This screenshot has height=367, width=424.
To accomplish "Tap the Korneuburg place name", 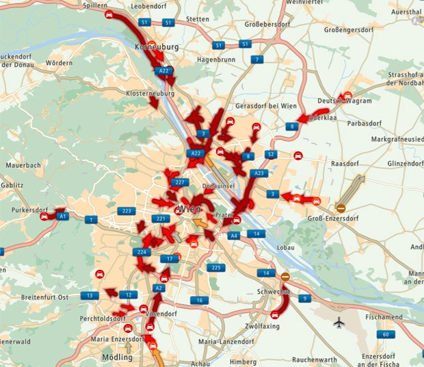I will [x=158, y=48].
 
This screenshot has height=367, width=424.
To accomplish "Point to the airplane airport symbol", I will [x=339, y=322].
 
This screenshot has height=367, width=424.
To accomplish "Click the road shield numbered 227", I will [x=180, y=182].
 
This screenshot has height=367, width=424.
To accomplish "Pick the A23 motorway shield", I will [x=259, y=174].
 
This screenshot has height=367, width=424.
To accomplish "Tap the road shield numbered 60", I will [x=387, y=334].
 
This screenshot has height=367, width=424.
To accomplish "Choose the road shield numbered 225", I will [x=215, y=267].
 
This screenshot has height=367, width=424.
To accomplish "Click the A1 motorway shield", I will [x=63, y=216].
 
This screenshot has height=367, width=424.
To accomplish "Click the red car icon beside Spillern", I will [x=109, y=15].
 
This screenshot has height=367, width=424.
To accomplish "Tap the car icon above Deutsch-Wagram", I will [x=347, y=96].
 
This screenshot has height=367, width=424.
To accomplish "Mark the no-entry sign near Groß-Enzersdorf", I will [x=341, y=207].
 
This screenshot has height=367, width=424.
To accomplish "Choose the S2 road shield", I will [x=270, y=154].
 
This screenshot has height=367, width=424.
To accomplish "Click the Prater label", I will [x=224, y=215].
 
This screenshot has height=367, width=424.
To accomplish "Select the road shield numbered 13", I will [x=89, y=295].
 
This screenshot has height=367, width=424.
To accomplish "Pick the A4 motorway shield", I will [x=234, y=235].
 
